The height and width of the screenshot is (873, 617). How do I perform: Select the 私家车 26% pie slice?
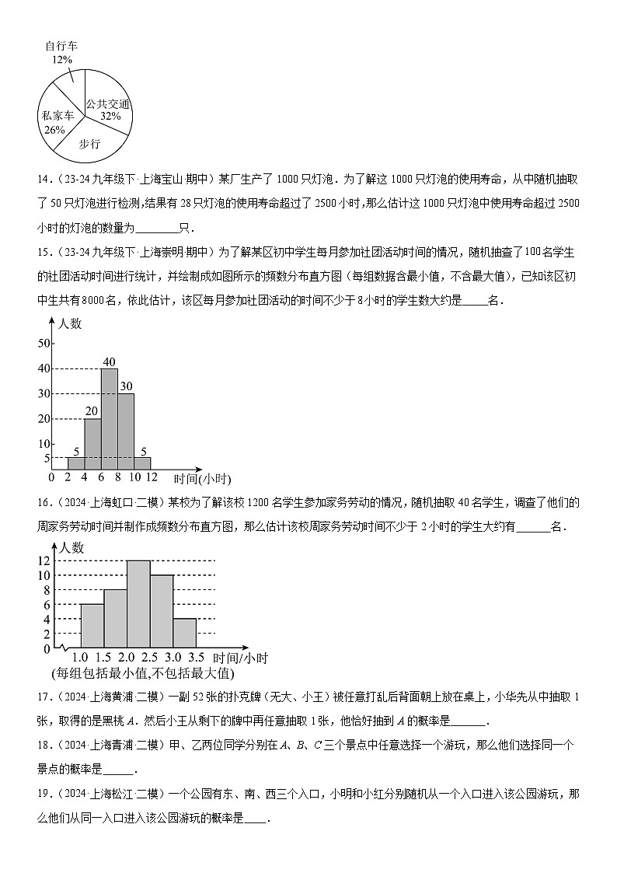[59, 117]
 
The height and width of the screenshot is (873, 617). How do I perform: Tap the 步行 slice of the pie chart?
[91, 138]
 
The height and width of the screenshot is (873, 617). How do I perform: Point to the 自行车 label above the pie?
[61, 47]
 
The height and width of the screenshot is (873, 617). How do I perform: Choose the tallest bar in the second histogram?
[138, 603]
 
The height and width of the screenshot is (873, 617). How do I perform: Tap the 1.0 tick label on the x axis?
[80, 657]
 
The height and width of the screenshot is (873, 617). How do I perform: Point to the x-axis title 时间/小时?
[240, 658]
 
